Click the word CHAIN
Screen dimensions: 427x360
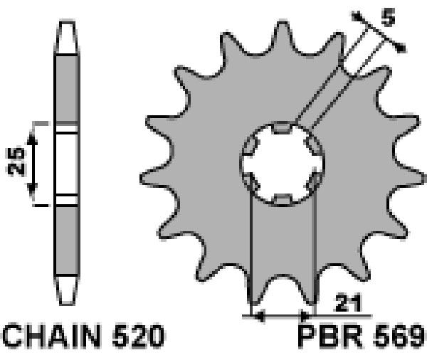[x=52, y=336]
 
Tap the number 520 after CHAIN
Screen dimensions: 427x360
[x=138, y=336]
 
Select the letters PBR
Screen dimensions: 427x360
[x=331, y=337]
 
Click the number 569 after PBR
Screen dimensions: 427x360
[x=399, y=337]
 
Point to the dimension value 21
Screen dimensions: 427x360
[x=348, y=302]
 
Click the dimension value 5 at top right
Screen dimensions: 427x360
[x=388, y=17]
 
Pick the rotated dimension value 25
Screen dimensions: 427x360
[x=16, y=162]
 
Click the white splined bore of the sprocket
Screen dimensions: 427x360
[x=282, y=163]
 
